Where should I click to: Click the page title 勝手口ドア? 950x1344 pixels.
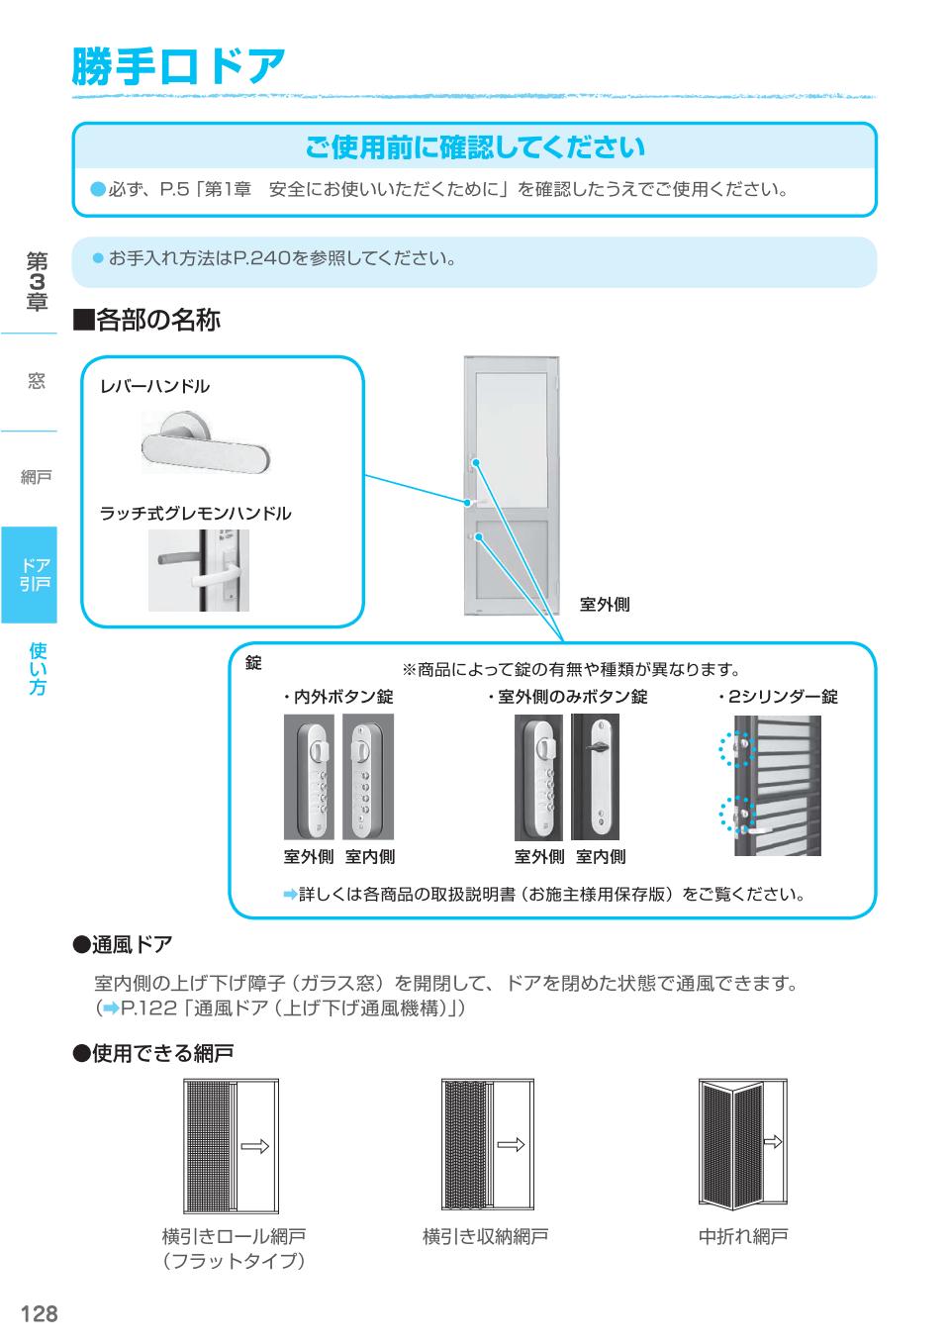(x=179, y=66)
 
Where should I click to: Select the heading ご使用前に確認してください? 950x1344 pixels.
(x=474, y=147)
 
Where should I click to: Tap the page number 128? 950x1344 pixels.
(x=40, y=1313)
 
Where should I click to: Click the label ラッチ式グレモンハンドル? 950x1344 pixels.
(x=195, y=514)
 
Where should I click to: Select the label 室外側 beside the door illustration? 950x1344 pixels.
(x=605, y=605)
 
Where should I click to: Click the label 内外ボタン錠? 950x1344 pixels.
(x=337, y=697)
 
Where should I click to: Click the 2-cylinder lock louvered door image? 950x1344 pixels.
(x=771, y=785)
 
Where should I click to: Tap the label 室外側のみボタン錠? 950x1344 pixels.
(x=567, y=697)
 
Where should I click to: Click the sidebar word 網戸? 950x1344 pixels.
(x=36, y=478)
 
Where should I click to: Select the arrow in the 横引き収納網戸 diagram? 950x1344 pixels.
(x=511, y=1146)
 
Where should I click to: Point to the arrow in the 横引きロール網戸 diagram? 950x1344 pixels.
(x=254, y=1146)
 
